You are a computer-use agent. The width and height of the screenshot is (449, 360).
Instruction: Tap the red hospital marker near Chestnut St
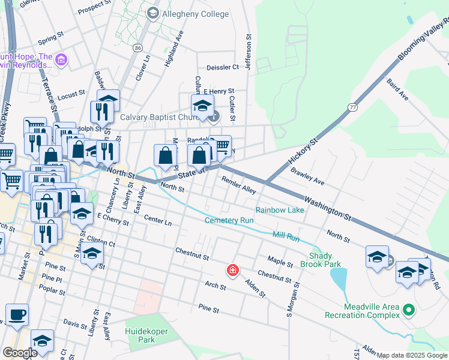[x=232, y=271]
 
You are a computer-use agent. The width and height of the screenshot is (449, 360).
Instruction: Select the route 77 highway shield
[x=352, y=107]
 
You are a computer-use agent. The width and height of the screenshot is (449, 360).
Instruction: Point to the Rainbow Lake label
[x=280, y=210]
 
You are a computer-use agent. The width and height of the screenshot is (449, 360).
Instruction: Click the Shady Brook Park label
[x=325, y=260]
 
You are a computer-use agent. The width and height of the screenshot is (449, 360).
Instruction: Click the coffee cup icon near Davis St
[x=17, y=314]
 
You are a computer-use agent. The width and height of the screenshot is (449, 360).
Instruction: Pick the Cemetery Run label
[x=229, y=220]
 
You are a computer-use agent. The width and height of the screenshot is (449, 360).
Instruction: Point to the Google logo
[x=19, y=353]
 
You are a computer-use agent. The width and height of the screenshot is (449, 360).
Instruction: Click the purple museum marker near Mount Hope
[x=61, y=60]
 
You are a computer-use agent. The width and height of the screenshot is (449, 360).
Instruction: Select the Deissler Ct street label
[x=223, y=67]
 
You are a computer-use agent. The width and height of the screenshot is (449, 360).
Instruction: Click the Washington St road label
[x=327, y=206]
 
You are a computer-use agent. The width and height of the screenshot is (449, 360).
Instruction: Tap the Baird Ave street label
[x=397, y=89]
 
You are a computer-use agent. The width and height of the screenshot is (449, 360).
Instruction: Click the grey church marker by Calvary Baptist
[x=214, y=117]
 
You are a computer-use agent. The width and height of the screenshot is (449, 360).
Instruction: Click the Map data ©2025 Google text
[x=412, y=355]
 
